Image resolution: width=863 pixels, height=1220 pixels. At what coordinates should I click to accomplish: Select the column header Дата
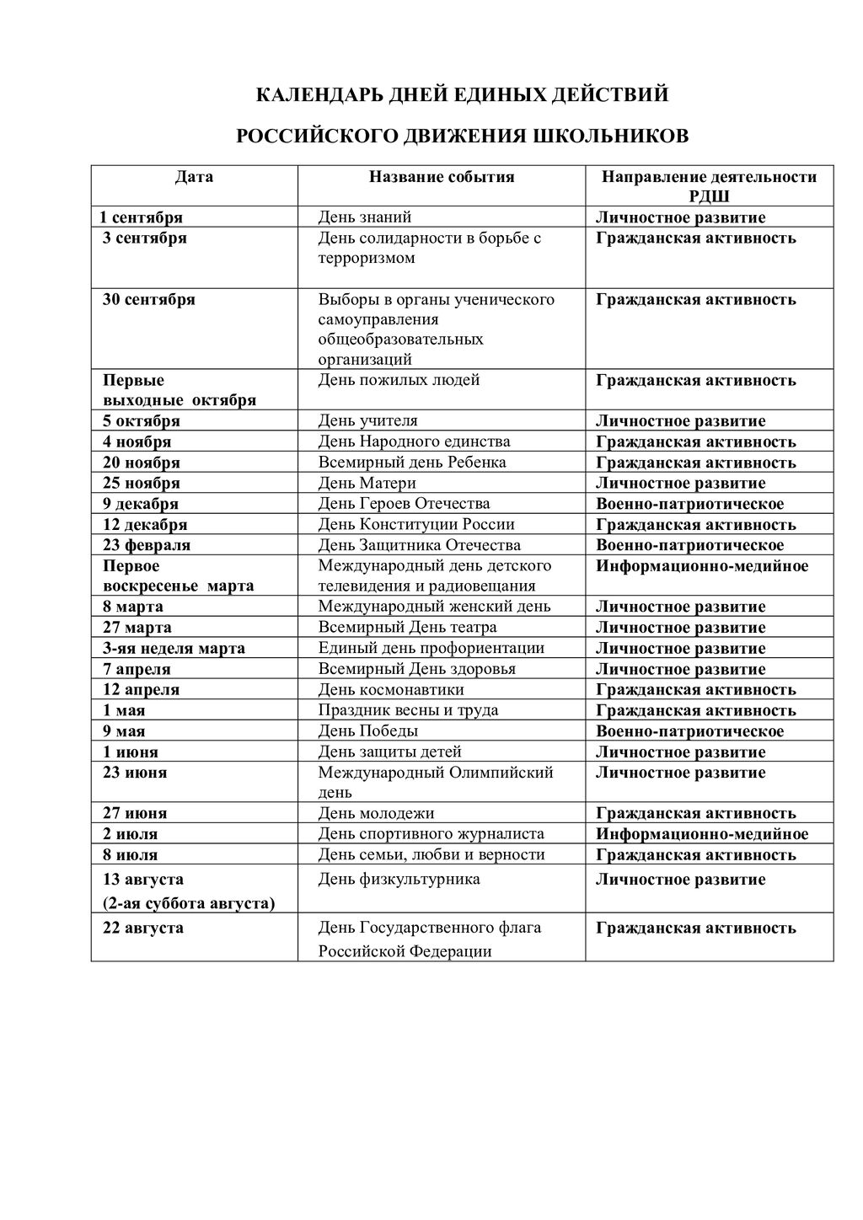[194, 177]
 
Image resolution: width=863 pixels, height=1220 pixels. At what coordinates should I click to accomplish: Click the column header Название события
[442, 177]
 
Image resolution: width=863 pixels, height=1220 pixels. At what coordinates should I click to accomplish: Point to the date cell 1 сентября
[142, 217]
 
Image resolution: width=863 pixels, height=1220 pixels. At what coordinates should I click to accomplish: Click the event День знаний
[364, 217]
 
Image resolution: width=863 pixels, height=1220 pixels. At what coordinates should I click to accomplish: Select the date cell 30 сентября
[149, 299]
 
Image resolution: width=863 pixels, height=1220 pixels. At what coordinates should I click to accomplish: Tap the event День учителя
[367, 420]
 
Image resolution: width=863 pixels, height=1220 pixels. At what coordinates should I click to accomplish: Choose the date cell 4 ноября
[137, 441]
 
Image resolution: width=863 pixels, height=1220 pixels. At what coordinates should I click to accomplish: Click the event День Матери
[367, 483]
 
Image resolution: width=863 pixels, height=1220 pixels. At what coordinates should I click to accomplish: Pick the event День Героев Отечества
[404, 504]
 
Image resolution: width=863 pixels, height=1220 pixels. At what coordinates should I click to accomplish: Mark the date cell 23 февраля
[147, 545]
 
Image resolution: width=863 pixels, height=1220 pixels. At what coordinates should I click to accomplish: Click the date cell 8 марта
[133, 607]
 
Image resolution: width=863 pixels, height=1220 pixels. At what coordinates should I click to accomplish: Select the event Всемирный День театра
[407, 628]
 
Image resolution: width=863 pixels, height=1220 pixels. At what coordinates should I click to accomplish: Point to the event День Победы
[367, 731]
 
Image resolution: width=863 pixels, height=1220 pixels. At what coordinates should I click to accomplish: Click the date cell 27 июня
[135, 813]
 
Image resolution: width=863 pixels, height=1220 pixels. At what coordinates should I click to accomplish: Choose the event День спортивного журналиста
[431, 834]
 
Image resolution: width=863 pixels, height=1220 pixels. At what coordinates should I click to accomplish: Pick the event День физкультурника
[399, 880]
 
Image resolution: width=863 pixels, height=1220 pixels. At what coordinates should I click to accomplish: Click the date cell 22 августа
[143, 928]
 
